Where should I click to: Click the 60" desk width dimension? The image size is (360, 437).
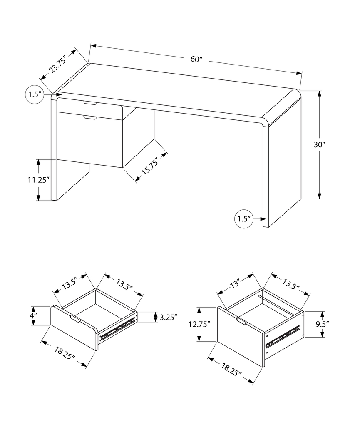196,59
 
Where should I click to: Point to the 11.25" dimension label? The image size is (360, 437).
39,180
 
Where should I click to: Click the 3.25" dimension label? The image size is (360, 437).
169,317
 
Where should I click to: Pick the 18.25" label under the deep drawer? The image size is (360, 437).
231,369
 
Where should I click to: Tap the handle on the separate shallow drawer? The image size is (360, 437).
75,318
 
